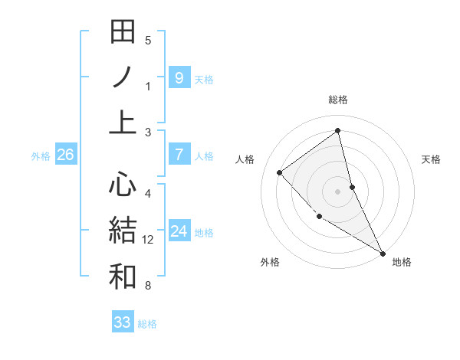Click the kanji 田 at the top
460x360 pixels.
(x=123, y=33)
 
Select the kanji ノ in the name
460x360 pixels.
(x=123, y=77)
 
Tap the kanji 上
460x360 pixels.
(x=123, y=123)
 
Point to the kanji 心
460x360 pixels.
(x=123, y=185)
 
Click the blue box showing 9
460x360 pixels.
(x=179, y=77)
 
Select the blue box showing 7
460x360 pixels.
(x=179, y=155)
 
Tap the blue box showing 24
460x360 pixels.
(x=179, y=231)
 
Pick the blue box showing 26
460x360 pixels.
(x=65, y=155)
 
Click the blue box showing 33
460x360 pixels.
(x=123, y=322)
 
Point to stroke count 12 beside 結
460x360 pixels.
(x=148, y=240)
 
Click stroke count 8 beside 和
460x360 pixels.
(x=148, y=286)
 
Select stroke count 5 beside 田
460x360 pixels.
(x=148, y=41)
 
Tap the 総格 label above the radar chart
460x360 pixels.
(x=338, y=100)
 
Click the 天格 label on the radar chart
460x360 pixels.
(x=431, y=159)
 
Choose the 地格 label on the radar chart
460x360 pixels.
(x=402, y=262)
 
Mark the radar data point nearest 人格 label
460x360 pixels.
(x=280, y=172)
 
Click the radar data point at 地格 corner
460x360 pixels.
(x=382, y=253)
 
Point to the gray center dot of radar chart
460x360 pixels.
(x=338, y=191)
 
